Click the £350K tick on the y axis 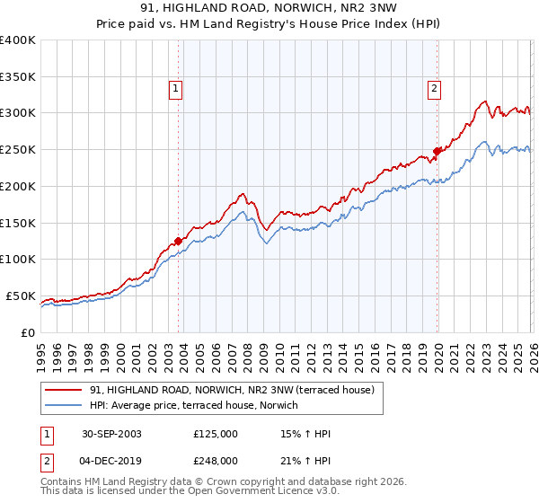pos(18,77)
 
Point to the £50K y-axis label pos(21,296)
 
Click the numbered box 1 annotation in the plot pos(174,88)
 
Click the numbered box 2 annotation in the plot pos(434,88)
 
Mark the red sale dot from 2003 pos(179,241)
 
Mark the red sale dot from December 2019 pos(437,151)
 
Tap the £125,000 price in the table pos(216,434)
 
